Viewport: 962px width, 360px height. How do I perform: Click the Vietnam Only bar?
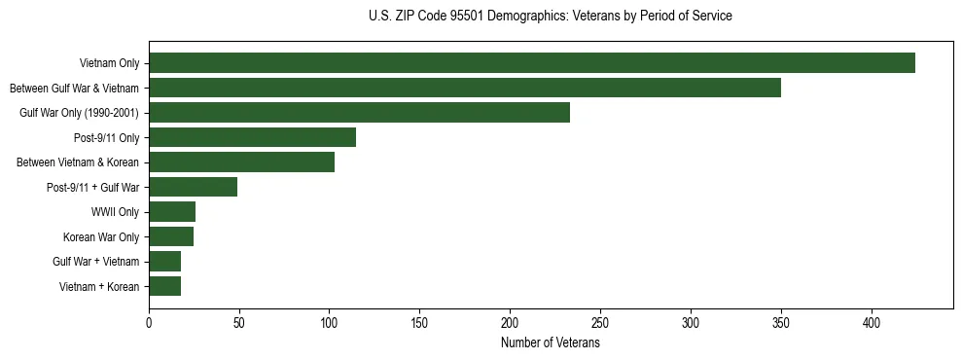[532, 63]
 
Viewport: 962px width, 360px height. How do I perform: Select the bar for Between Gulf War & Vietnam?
[465, 88]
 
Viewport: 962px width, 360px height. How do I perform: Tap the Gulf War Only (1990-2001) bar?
[359, 113]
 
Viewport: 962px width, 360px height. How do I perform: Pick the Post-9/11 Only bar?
[252, 137]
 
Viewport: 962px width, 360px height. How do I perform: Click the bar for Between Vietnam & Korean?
[241, 162]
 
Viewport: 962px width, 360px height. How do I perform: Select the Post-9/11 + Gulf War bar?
[193, 187]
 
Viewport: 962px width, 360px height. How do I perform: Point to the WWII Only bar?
[172, 212]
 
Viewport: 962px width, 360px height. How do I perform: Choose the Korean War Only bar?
[171, 236]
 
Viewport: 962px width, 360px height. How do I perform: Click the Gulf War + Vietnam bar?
[164, 262]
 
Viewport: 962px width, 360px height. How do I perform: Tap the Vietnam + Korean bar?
[164, 286]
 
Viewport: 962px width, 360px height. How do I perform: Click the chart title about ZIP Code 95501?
[551, 17]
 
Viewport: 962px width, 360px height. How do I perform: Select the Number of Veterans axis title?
[551, 343]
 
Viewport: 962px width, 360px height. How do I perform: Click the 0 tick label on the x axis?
[149, 323]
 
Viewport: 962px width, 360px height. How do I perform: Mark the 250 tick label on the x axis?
[600, 323]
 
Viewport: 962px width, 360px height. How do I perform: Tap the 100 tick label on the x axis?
[330, 323]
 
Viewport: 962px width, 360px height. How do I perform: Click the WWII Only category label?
[115, 212]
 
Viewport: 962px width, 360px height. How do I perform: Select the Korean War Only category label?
[101, 236]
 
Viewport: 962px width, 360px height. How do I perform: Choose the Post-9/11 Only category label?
[107, 137]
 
